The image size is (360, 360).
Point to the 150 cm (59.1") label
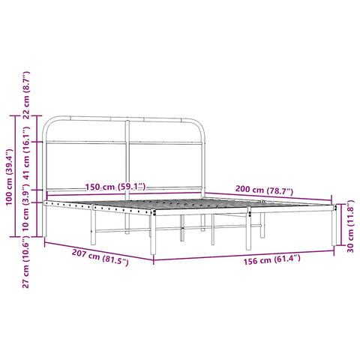tap(115, 186)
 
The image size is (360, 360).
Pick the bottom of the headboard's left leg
tap(45, 233)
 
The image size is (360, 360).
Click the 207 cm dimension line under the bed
tap(97, 248)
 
